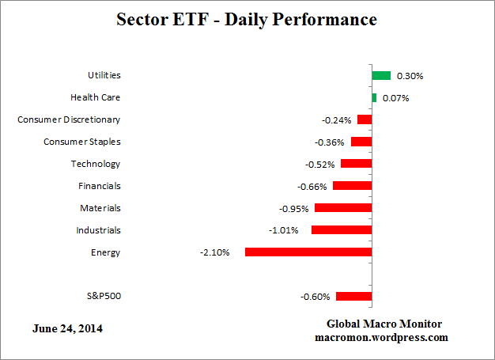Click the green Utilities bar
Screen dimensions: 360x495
381,76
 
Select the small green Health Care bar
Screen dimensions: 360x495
374,98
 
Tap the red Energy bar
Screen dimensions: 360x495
308,252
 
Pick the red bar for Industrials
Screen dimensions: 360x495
342,230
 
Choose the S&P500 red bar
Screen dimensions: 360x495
353,297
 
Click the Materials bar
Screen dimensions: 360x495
343,208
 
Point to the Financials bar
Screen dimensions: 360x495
352,186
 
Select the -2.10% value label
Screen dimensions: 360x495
215,252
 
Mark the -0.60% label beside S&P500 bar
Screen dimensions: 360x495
315,297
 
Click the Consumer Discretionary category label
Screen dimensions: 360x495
70,119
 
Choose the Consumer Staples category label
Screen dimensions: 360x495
82,142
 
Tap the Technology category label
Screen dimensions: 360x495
96,164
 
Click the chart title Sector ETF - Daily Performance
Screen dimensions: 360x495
247,19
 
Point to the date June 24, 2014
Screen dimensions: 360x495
67,328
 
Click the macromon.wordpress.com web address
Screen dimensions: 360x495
385,337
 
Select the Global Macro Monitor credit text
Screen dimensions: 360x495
385,324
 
